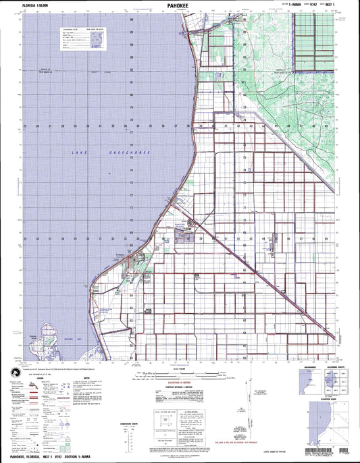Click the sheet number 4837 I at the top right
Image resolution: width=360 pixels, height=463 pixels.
(x=330, y=5)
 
